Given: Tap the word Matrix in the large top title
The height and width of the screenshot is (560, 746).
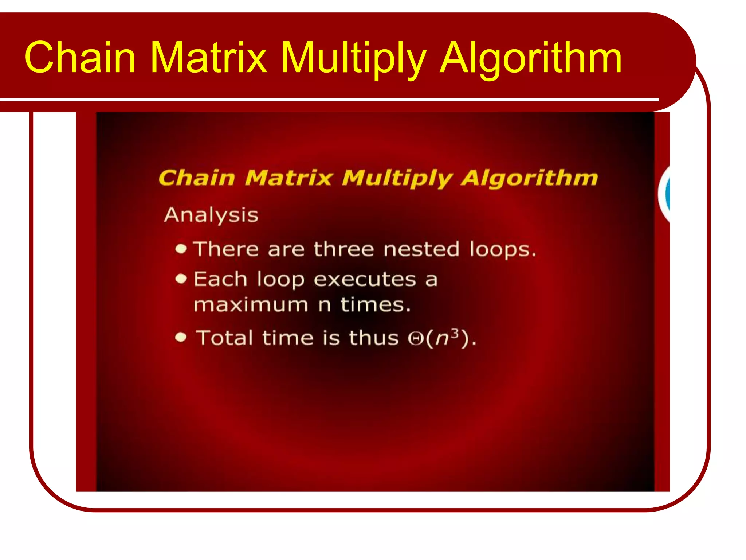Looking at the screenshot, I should pos(208,57).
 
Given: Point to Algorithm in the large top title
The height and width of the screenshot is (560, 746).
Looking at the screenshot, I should pos(531,57).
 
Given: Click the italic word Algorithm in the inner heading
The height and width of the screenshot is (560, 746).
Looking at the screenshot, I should pos(529,178).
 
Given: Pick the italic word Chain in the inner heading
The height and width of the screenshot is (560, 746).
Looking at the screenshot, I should pos(197,178).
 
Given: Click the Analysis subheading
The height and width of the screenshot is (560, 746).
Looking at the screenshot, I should pos(211,215).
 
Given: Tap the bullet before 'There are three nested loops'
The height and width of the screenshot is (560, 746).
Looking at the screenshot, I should pos(181,249).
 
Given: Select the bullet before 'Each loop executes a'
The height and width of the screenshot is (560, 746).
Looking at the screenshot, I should pos(181,279).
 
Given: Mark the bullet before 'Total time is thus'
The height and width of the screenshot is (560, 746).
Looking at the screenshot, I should pos(181,337).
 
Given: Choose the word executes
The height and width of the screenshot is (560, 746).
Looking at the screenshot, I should pos(365,280).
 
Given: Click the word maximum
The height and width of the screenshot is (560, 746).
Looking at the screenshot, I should pos(251,305).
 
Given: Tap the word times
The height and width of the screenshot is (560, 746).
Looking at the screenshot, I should pos(375,305).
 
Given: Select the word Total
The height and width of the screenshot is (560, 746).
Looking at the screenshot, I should pos(225,338).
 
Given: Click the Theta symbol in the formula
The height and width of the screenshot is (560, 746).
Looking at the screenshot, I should pos(415,339).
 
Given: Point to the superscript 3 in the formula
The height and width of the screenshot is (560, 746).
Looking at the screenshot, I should pos(454,333).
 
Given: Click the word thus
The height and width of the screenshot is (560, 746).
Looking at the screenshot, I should pos(374,338).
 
